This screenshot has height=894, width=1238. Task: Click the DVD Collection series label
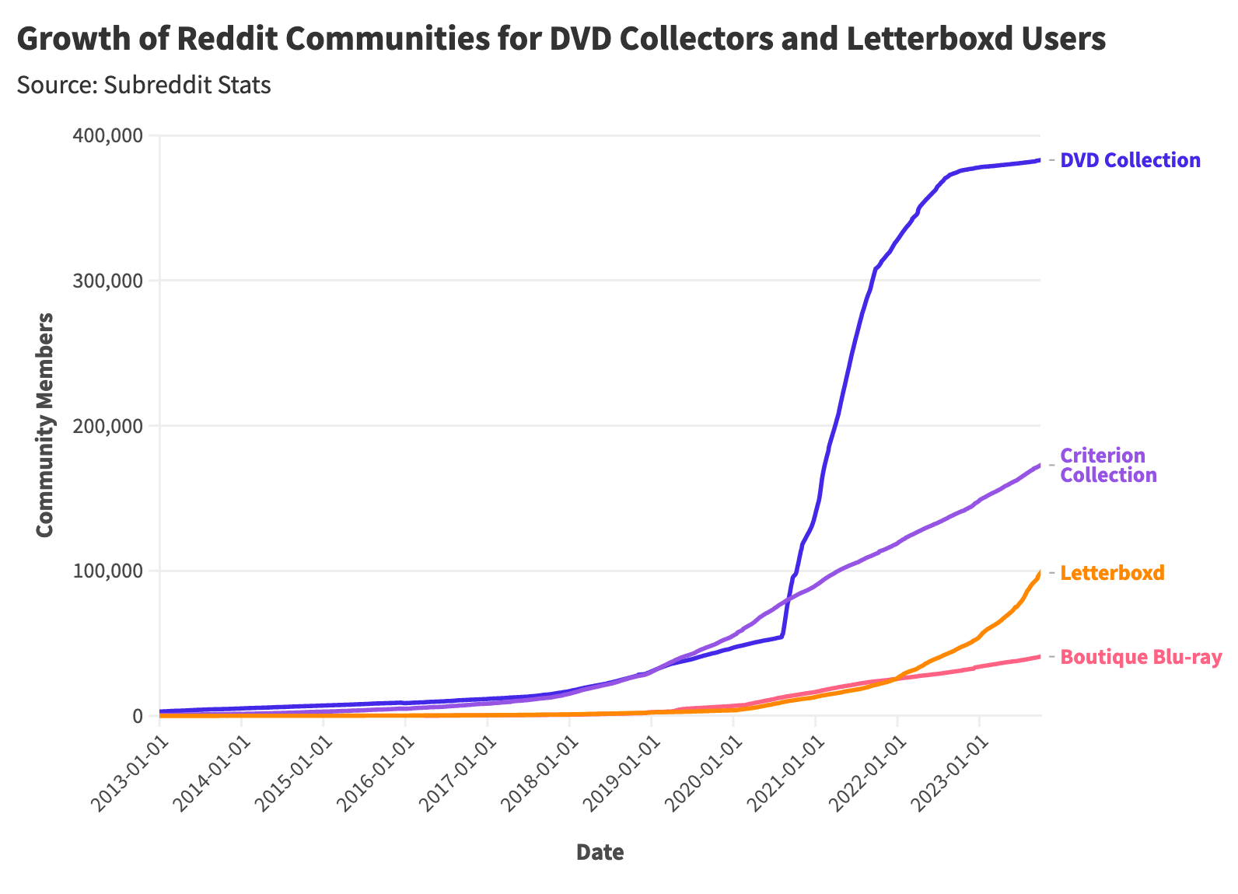[x=1130, y=161]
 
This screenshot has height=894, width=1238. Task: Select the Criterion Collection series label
[x=1108, y=465]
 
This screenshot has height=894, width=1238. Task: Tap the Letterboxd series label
[x=1112, y=573]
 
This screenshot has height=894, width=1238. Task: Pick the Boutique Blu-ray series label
[x=1141, y=657]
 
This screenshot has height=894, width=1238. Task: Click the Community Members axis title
[x=45, y=424]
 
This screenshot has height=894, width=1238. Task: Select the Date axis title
[x=600, y=853]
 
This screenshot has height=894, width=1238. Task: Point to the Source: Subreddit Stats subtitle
[x=143, y=85]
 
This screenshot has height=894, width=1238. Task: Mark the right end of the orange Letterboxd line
[x=1040, y=573]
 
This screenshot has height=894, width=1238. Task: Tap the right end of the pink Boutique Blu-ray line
[x=1040, y=656]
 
